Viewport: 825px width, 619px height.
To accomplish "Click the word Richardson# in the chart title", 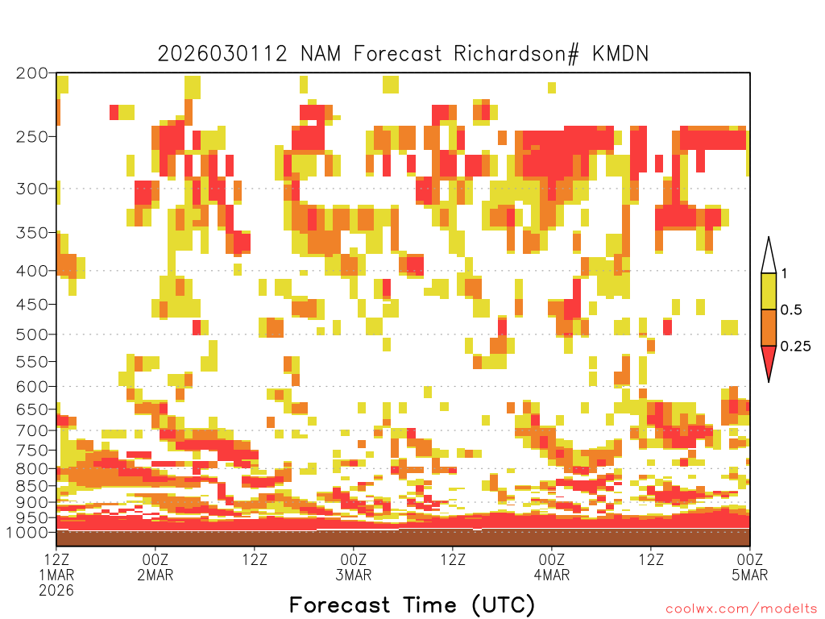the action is (516, 54).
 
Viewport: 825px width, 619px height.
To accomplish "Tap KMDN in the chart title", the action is (620, 54).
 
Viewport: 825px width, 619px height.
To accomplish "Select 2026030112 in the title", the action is (222, 54).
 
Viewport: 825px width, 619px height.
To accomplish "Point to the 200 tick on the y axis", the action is (31, 73).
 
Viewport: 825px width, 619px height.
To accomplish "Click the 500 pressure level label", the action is (31, 334).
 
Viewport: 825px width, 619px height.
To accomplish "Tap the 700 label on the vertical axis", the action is (31, 430).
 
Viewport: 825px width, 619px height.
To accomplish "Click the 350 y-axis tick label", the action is (31, 233).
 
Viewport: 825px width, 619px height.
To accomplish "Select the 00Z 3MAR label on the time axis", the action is (354, 567).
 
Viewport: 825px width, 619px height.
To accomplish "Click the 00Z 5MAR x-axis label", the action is (750, 567).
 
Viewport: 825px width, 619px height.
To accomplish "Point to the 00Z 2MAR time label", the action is (155, 567).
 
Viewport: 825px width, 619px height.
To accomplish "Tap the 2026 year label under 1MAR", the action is (56, 590).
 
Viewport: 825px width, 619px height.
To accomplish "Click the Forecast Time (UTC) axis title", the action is (412, 605).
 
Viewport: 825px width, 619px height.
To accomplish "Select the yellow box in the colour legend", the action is (769, 291).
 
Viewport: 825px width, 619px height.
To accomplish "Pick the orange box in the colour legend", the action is (769, 327).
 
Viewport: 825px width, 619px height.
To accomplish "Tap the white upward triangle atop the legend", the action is (769, 255).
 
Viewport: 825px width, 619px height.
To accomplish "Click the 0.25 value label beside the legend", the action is (795, 347).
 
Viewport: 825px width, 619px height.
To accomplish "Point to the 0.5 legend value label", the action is (791, 309).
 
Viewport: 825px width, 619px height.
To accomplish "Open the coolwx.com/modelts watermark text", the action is (742, 609).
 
